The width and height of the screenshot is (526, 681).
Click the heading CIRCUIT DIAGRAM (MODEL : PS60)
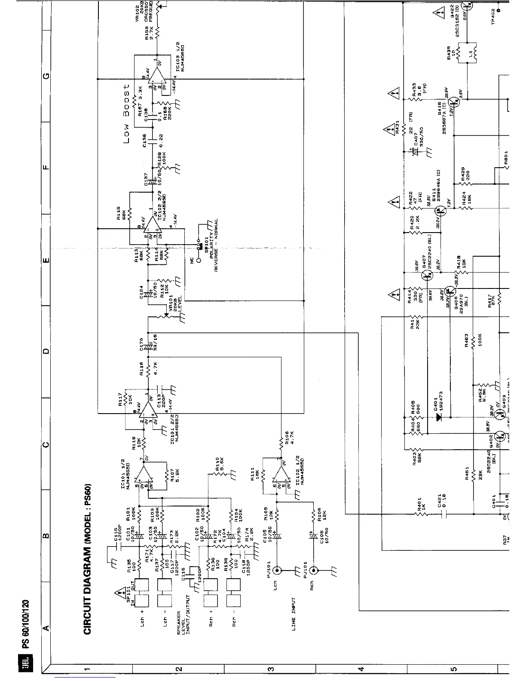[87, 559]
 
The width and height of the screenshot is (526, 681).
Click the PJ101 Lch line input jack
[277, 571]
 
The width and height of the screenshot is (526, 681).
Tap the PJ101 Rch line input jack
[314, 571]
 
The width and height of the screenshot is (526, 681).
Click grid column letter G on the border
[46, 77]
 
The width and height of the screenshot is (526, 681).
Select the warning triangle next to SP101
[118, 594]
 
